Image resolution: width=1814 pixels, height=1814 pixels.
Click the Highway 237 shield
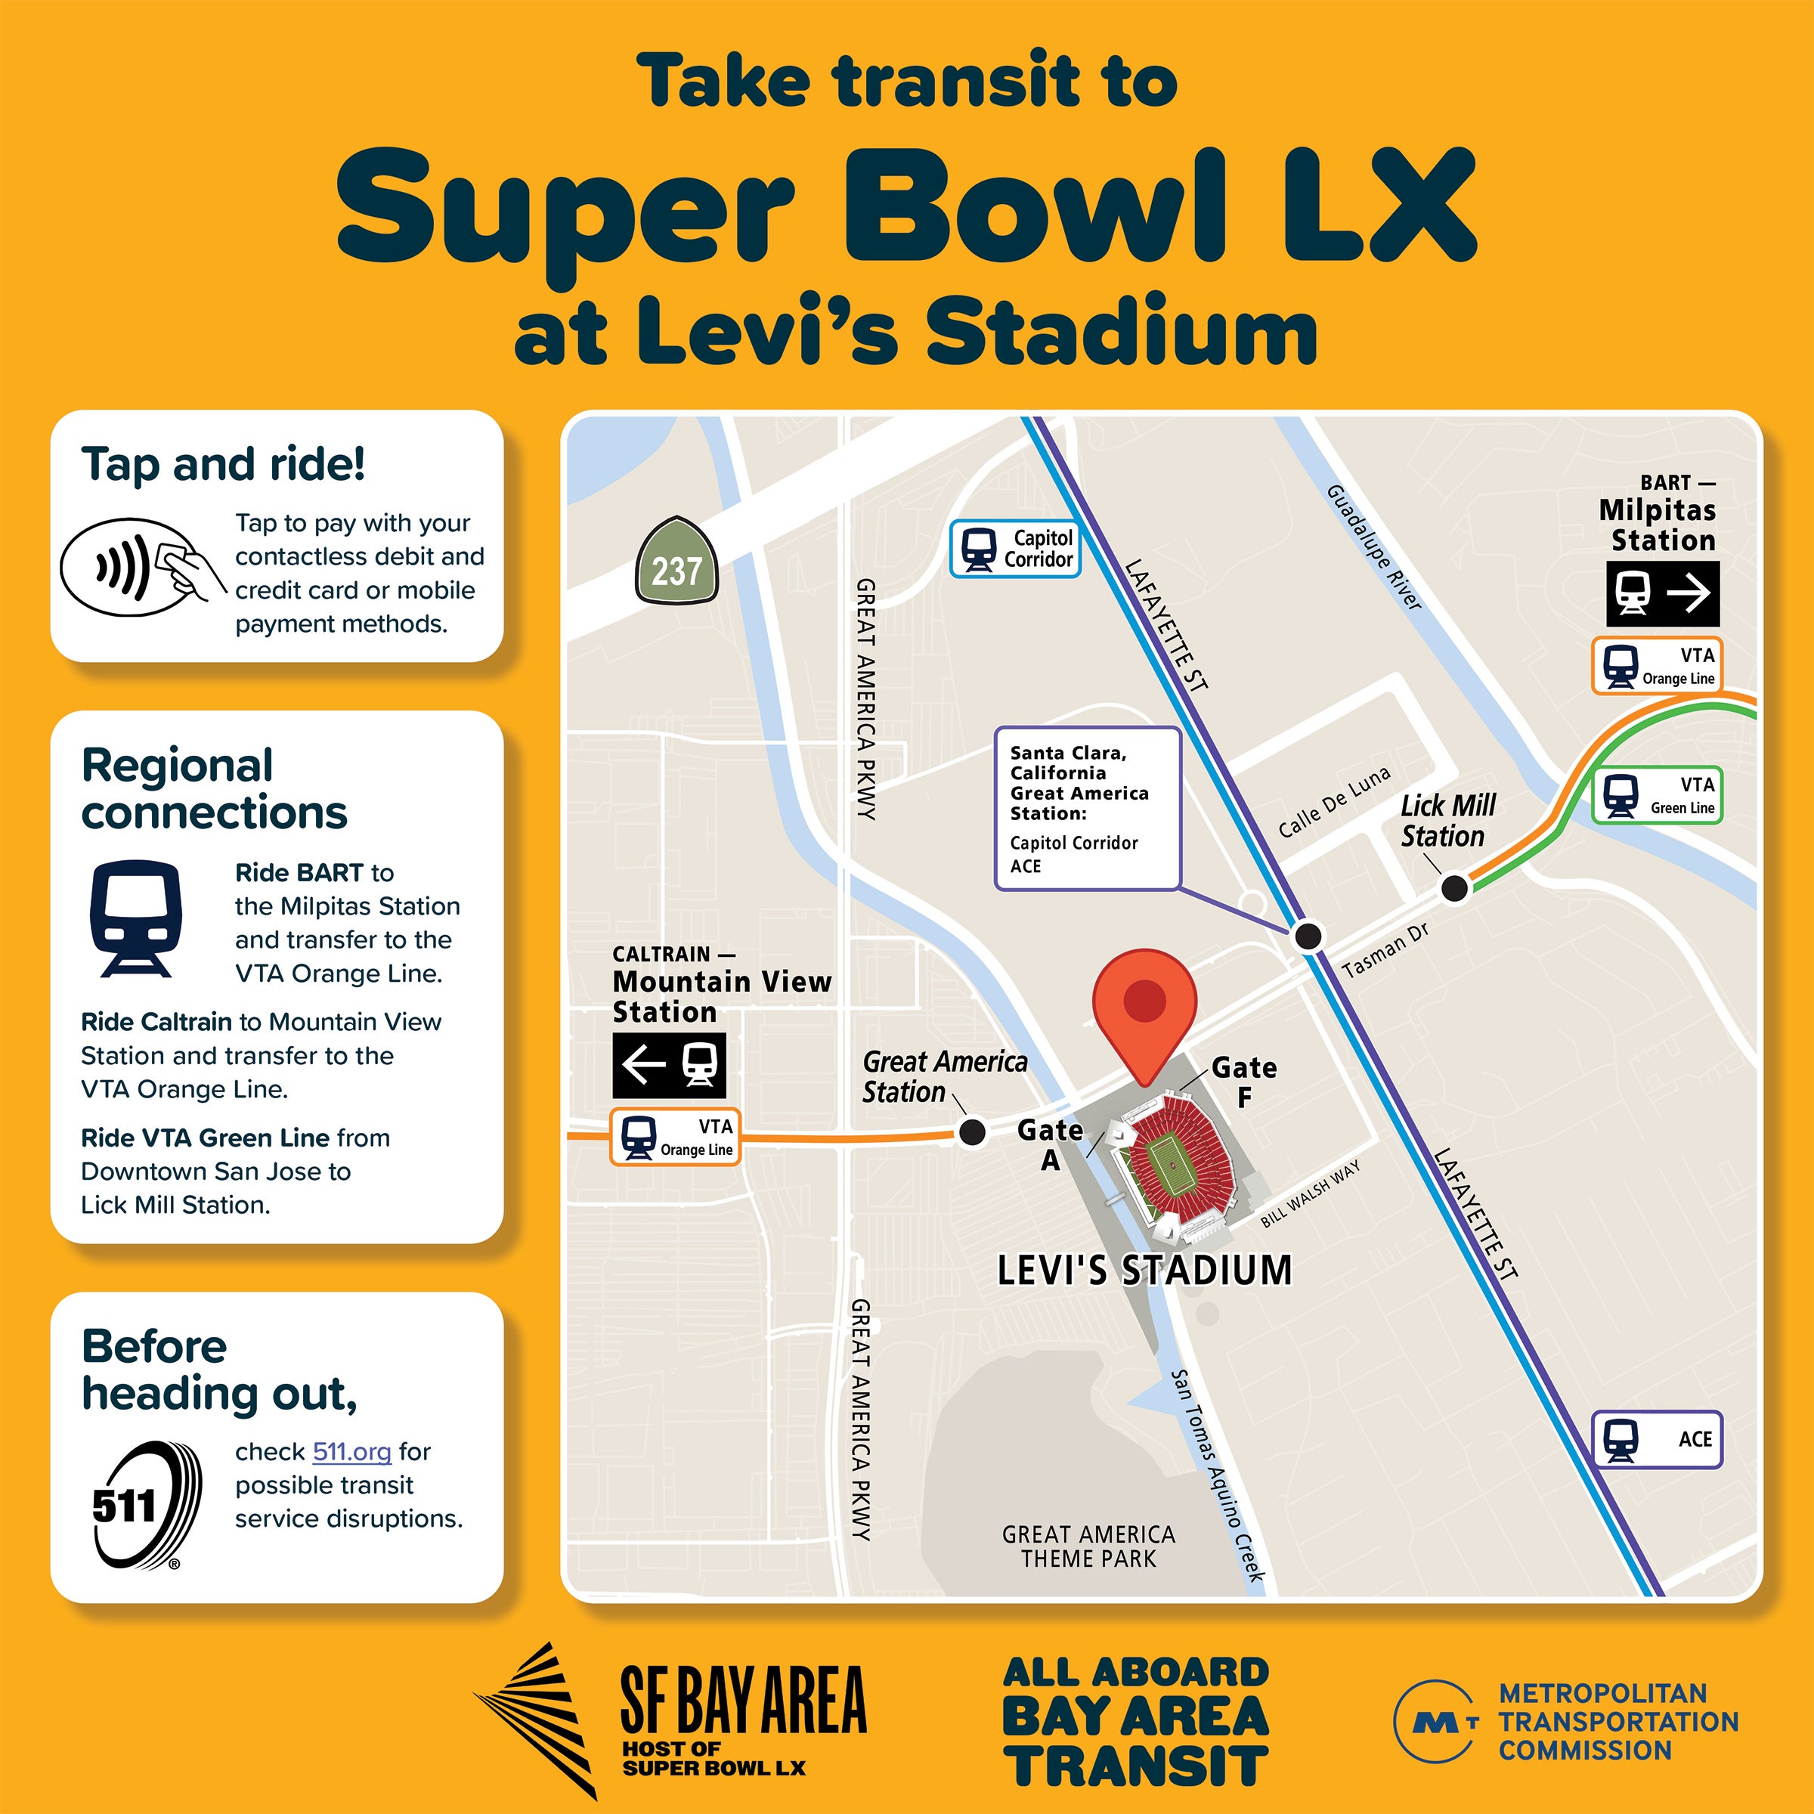pos(676,561)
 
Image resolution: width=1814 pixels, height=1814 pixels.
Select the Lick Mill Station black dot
pos(1454,887)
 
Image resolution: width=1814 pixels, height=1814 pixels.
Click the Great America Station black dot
pos(973,1131)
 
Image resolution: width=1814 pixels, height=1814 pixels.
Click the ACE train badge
pos(1658,1439)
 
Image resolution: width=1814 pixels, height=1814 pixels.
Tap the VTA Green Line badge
pos(1658,796)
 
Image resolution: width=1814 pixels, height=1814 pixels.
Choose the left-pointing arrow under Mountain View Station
pos(643,1065)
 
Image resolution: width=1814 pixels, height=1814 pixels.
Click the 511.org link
pos(351,1451)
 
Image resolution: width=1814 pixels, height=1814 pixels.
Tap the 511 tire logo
pos(147,1505)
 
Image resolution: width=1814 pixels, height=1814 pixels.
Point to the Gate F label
pos(1243,1082)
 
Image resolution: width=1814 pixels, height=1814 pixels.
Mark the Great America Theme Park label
pos(1088,1546)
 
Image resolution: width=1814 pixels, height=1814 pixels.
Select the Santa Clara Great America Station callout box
pos(1086,807)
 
